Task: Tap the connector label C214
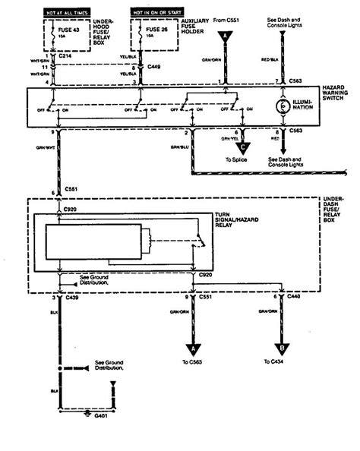coord(55,57)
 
